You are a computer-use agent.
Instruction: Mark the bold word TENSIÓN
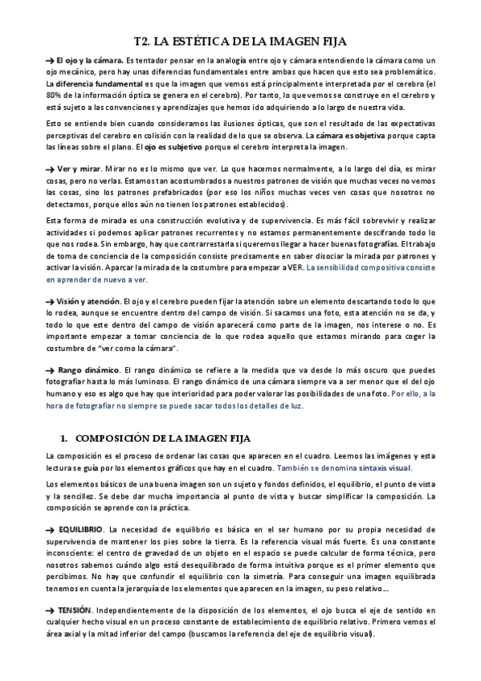[75, 609]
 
